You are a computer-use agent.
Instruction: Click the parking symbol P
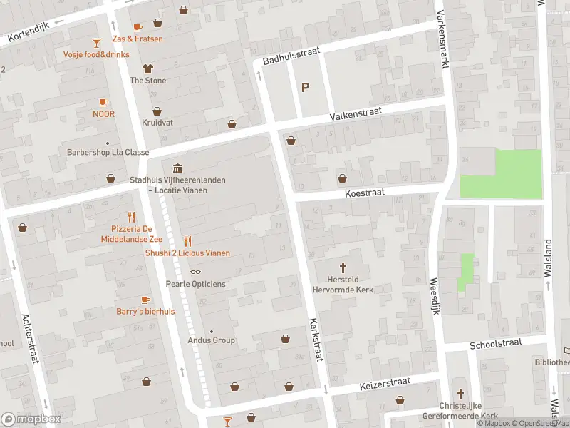306,88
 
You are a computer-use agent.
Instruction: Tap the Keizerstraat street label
385,384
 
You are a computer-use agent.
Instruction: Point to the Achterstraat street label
30,338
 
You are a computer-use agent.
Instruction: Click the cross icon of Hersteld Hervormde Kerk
343,267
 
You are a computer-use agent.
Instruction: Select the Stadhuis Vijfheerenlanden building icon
177,168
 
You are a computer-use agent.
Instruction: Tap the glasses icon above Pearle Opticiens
195,272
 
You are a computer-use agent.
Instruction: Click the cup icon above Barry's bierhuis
146,300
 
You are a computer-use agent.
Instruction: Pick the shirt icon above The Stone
147,68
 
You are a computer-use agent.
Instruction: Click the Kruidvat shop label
157,123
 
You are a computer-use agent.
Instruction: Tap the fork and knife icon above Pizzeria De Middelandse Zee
130,217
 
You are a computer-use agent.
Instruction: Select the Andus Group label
211,340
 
